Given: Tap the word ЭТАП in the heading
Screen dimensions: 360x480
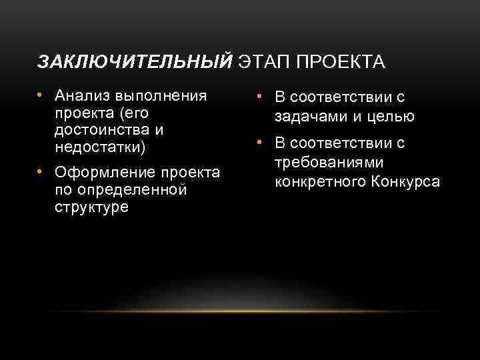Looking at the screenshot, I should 264,62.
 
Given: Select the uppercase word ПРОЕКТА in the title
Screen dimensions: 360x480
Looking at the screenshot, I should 339,62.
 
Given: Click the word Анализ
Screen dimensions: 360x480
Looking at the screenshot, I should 84,95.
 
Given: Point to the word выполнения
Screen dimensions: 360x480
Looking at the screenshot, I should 162,95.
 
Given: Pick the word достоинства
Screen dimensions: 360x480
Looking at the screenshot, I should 103,129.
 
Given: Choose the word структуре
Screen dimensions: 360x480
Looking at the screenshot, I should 92,207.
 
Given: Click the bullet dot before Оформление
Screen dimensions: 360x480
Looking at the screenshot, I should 41,173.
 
